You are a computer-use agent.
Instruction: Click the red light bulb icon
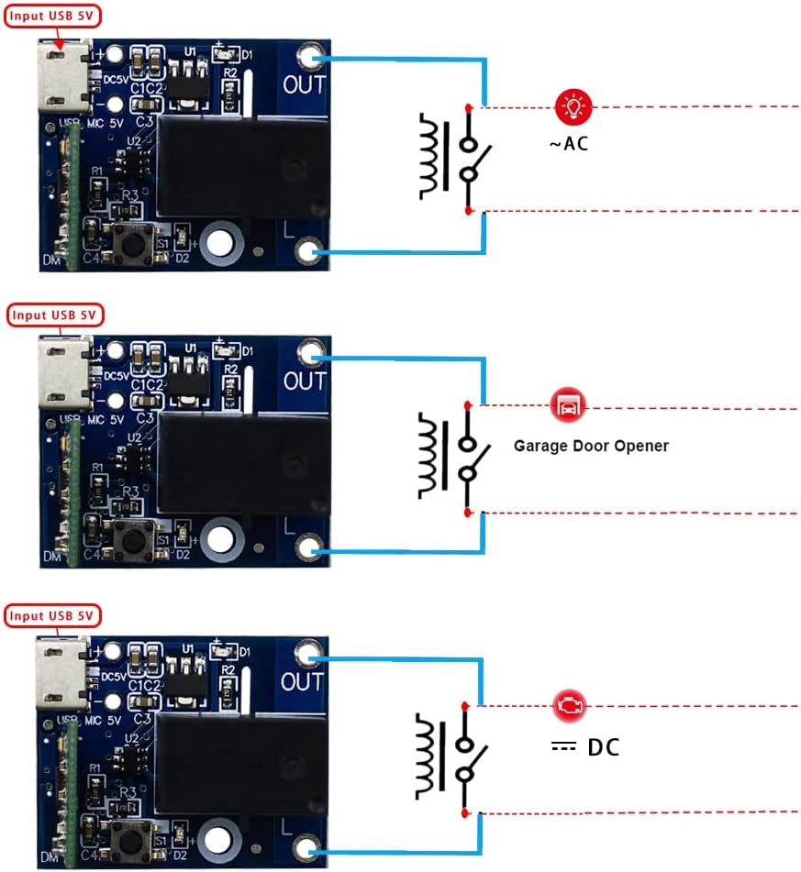[x=573, y=107]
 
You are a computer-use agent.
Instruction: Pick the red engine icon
[x=569, y=705]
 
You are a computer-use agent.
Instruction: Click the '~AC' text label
[x=568, y=144]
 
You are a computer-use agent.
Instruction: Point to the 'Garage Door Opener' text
[x=591, y=446]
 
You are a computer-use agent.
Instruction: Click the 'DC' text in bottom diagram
[x=603, y=747]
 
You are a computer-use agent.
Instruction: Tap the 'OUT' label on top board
[x=305, y=85]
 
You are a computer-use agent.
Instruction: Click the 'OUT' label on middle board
[x=305, y=381]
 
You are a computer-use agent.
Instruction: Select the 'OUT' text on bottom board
[x=303, y=682]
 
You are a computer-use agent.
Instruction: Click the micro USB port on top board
[x=62, y=75]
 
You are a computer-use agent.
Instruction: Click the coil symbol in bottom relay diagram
[x=428, y=757]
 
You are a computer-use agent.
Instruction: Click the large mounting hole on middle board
[x=220, y=539]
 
